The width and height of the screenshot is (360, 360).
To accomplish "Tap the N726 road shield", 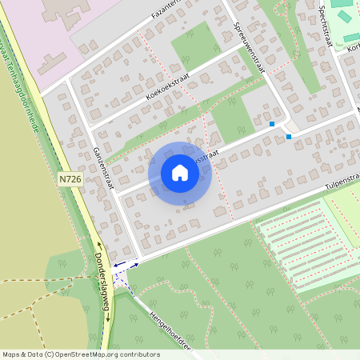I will click(70, 181).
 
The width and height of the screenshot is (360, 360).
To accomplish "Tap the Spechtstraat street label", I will click(324, 27).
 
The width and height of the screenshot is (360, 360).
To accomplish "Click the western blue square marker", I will click(272, 124).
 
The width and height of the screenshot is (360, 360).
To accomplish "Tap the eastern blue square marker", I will click(289, 137).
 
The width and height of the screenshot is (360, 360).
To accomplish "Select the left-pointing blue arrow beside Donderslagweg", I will click(117, 266).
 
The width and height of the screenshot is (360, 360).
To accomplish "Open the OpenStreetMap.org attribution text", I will click(83, 354).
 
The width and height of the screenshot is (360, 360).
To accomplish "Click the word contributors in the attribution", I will click(137, 354).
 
